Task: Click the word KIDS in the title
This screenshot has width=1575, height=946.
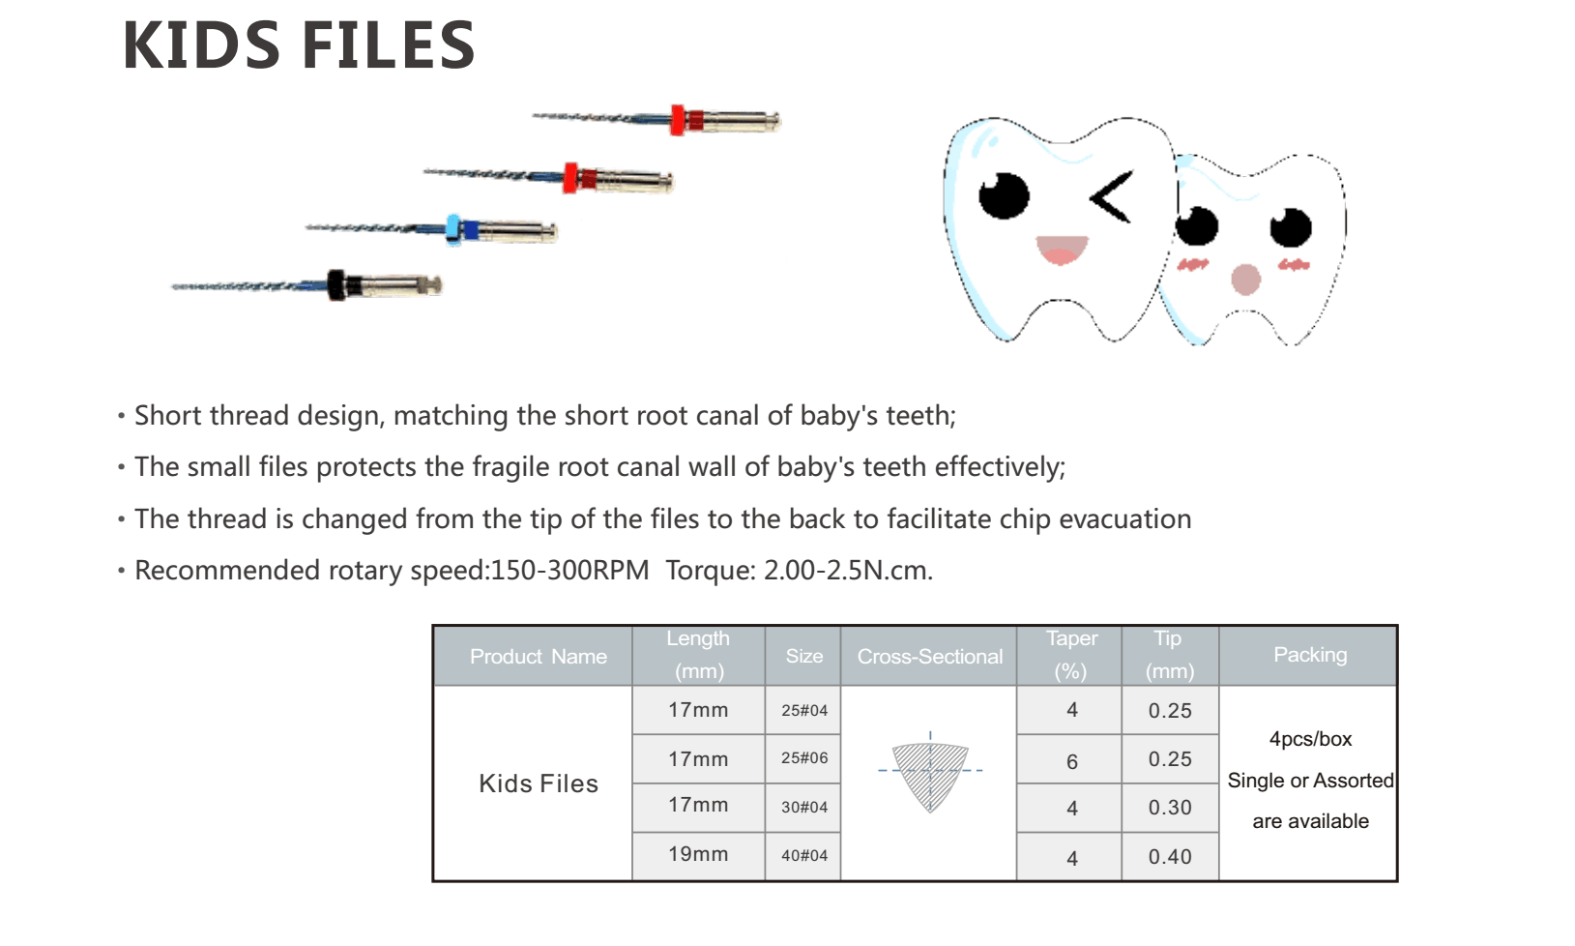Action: click(201, 45)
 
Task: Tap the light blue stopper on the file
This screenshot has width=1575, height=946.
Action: click(453, 229)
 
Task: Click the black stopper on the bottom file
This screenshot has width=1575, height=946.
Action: click(336, 284)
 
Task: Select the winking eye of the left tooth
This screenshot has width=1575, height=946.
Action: click(1112, 197)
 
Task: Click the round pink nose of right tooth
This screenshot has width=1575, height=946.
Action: click(1245, 280)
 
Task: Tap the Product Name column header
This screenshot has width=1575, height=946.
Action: click(539, 656)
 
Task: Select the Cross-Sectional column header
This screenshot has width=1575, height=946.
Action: click(929, 656)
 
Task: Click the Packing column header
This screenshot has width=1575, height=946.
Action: click(1310, 655)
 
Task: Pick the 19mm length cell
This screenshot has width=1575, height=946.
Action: click(698, 854)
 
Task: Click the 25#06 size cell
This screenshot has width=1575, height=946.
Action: click(803, 758)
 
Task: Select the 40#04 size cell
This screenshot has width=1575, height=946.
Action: click(803, 856)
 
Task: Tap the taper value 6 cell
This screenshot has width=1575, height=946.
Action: click(1071, 761)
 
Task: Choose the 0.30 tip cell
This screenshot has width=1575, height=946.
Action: click(1170, 808)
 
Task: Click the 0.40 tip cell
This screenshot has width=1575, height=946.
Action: click(1170, 857)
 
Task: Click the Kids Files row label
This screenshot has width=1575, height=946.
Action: click(539, 783)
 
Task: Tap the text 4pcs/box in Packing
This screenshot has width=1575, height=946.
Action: click(1310, 739)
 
